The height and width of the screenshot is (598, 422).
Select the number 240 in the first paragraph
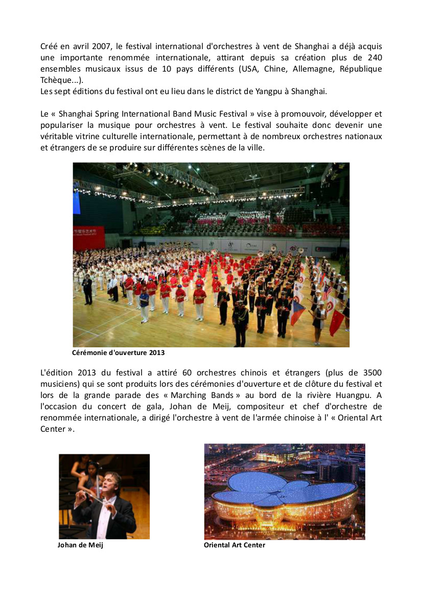(373, 57)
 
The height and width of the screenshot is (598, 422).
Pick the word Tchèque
(57, 80)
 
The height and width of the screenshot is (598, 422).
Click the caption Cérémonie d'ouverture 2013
(119, 353)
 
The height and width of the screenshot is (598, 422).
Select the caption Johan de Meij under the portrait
(80, 545)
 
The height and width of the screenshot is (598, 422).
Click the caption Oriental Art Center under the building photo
(235, 545)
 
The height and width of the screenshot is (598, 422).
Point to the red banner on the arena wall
(89, 237)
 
